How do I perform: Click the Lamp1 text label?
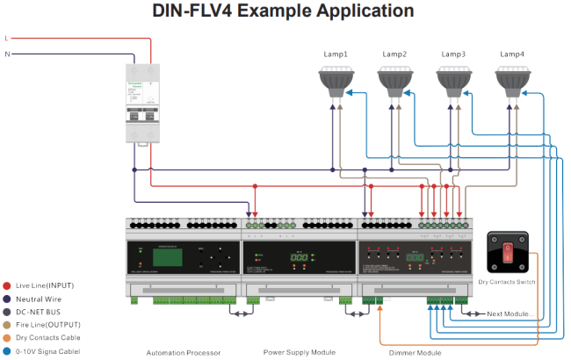point(336,54)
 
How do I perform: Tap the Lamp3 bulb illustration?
point(453,81)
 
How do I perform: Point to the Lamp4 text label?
point(512,54)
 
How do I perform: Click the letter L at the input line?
point(7,39)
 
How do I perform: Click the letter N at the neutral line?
point(7,54)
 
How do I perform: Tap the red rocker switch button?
point(507,254)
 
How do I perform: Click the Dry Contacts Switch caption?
point(508,283)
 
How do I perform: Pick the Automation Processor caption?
point(184,352)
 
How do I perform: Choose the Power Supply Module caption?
point(300,352)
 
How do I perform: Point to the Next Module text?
point(510,313)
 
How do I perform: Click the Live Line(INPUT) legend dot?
point(7,285)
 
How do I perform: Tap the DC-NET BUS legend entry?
point(34,312)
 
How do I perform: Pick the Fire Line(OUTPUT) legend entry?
point(43,325)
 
